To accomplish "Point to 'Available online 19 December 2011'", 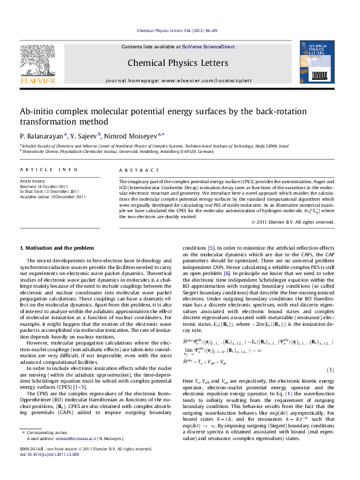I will [x=53, y=196].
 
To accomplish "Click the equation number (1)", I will [x=330, y=352].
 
